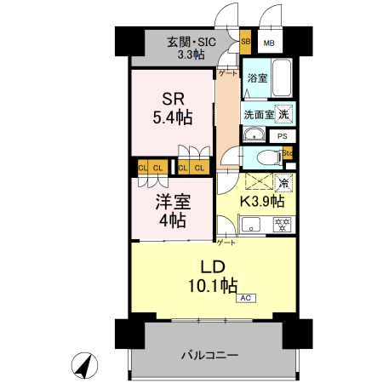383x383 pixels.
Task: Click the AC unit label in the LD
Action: pos(246,298)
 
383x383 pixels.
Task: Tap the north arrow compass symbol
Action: pos(84,365)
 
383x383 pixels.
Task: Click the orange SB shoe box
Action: pos(245,42)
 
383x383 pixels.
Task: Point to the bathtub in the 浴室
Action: pos(282,77)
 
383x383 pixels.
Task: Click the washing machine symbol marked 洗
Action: pos(283,114)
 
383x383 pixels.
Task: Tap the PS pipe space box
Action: pos(283,136)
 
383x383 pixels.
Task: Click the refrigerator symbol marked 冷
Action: pos(284,183)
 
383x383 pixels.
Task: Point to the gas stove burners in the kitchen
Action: pos(282,224)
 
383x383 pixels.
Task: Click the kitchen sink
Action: pos(250,224)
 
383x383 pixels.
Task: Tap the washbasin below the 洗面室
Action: pos(254,134)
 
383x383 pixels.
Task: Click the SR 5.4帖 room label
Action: pos(173,108)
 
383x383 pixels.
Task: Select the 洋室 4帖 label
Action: pos(173,210)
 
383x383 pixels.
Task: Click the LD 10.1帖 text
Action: pos(213,277)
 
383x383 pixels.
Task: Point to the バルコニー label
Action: pos(209,355)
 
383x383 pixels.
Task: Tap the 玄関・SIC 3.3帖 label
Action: pos(191,48)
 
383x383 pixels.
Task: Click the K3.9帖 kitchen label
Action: pos(262,201)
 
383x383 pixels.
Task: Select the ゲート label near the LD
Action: pos(226,243)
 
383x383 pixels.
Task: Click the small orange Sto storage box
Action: pos(288,153)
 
